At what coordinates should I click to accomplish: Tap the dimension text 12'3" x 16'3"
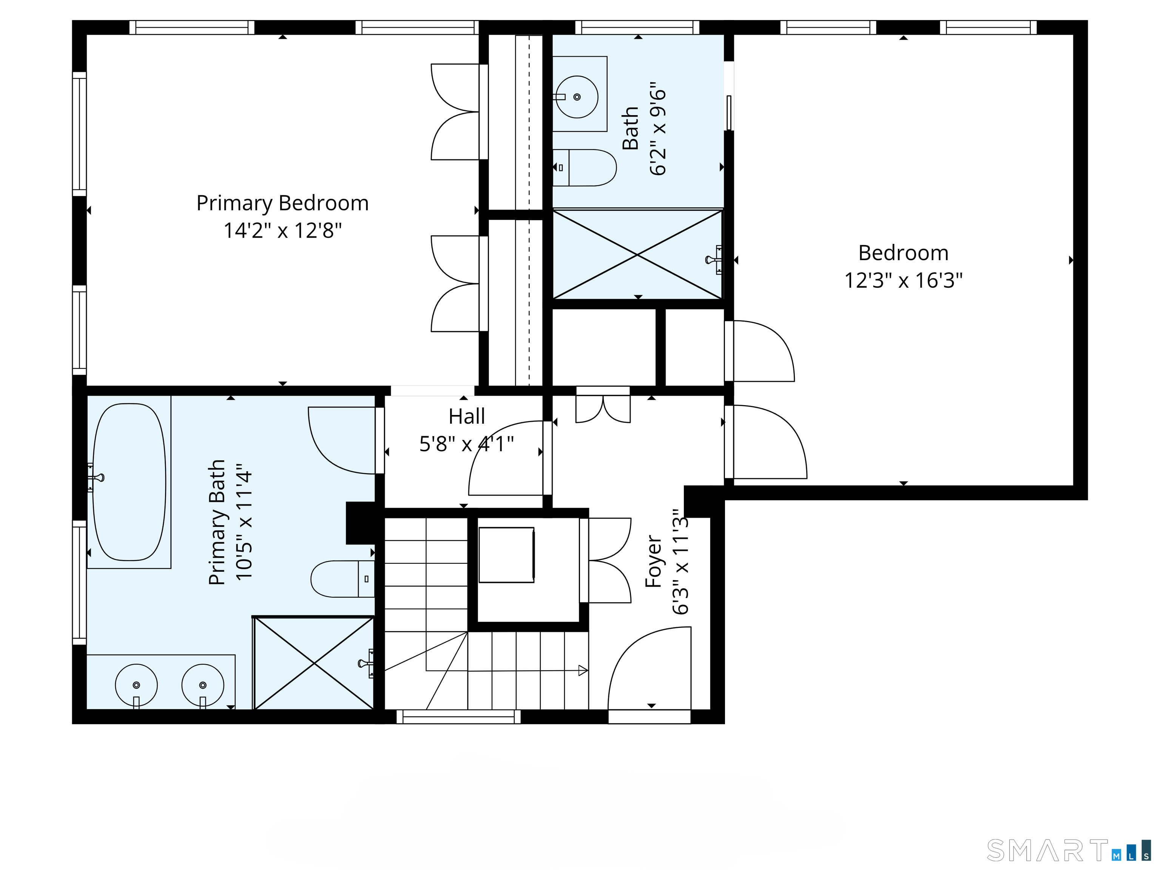click(x=903, y=281)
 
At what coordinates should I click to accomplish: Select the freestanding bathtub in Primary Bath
click(x=129, y=481)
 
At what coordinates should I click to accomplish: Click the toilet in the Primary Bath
click(x=341, y=579)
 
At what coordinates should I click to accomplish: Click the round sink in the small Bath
click(x=577, y=97)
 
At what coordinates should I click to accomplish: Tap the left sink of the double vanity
click(x=136, y=685)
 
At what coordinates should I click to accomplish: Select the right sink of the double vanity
click(x=203, y=685)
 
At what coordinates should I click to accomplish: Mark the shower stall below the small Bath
click(x=637, y=255)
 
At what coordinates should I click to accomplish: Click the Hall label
click(x=466, y=417)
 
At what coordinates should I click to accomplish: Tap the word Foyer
click(x=653, y=561)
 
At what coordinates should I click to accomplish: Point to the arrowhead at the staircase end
click(x=583, y=670)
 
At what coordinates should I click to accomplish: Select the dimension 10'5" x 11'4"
click(x=244, y=522)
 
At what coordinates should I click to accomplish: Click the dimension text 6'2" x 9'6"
click(x=658, y=128)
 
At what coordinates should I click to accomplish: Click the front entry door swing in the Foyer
click(x=649, y=669)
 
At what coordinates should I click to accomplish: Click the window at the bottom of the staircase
click(x=458, y=717)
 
